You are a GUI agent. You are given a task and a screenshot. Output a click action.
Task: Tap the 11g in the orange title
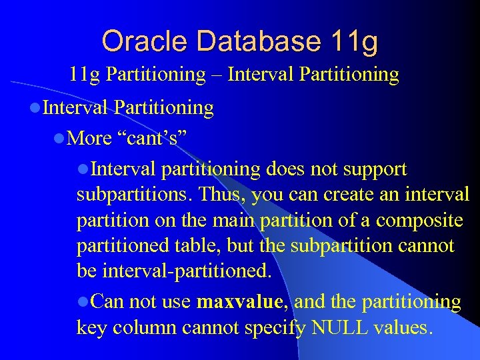click(353, 41)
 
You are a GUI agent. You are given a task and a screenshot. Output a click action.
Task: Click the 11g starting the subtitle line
click(84, 74)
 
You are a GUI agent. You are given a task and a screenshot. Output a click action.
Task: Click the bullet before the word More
click(59, 139)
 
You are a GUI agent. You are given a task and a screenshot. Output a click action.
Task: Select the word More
click(90, 138)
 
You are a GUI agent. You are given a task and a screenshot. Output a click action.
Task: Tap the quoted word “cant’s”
click(152, 138)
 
